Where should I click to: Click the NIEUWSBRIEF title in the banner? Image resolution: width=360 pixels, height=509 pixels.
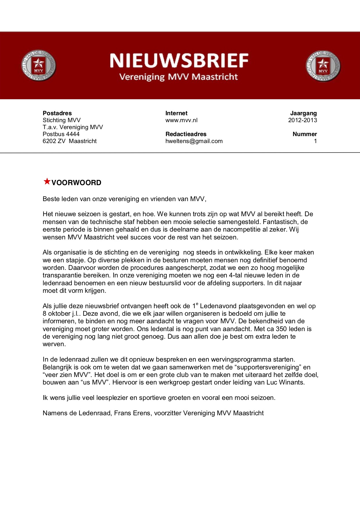[179, 61]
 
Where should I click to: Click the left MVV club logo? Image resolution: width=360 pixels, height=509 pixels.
[38, 66]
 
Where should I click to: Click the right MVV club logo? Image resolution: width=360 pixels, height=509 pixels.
[323, 66]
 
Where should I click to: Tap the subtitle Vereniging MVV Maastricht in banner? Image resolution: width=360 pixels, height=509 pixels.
[179, 77]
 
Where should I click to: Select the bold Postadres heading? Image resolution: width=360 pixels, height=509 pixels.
[57, 113]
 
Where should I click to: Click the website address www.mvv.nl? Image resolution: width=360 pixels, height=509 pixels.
[181, 120]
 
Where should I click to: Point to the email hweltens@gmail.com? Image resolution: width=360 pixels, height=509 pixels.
[194, 141]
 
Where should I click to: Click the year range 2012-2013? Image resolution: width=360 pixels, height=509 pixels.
[303, 120]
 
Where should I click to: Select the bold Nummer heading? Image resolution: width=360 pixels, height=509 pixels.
[305, 134]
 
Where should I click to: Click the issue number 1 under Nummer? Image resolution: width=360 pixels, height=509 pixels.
[315, 141]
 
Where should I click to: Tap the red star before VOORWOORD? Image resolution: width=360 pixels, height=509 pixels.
[47, 182]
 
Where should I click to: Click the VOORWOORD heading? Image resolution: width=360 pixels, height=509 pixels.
[76, 183]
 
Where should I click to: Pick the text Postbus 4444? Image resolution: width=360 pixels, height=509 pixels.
[61, 134]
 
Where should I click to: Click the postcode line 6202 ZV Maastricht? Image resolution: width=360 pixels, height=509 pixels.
[70, 141]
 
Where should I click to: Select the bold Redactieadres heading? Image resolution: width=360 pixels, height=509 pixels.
[186, 134]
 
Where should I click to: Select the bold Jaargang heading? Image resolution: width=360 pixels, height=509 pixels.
[303, 113]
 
